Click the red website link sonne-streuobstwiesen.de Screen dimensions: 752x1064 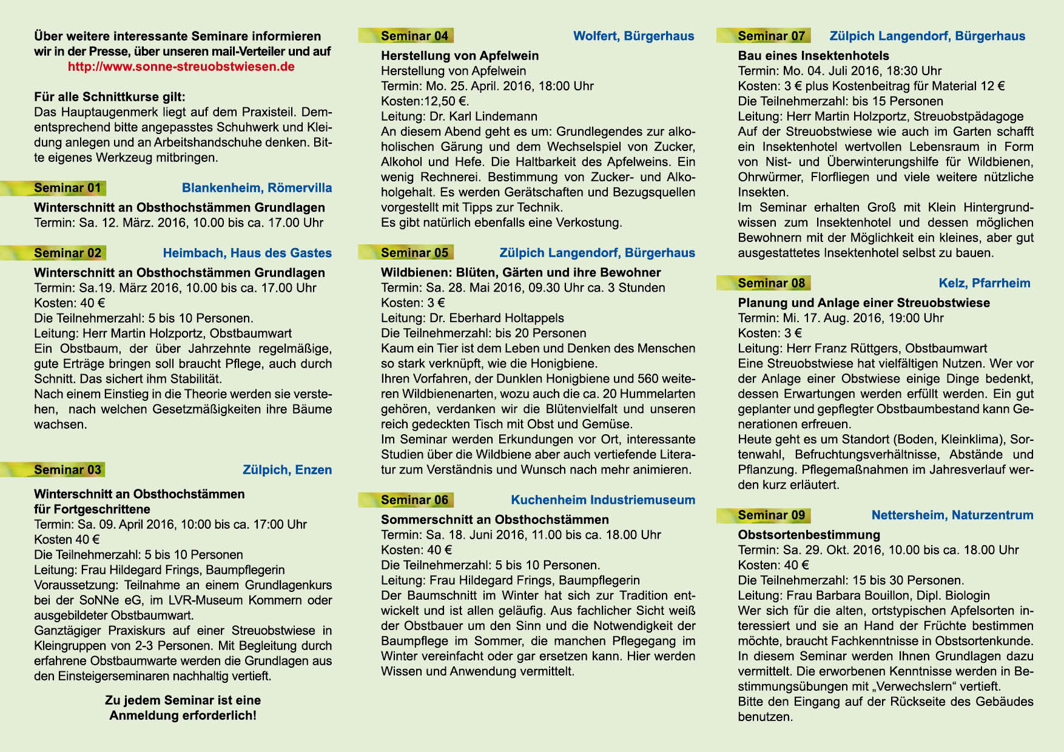click(181, 67)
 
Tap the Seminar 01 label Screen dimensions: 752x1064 click(67, 188)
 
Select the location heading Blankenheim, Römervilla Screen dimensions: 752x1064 click(257, 188)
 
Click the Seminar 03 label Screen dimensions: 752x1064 click(67, 470)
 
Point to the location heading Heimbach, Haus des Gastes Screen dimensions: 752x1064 click(247, 253)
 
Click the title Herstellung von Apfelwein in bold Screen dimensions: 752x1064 click(459, 56)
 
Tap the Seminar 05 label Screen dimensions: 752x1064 click(414, 253)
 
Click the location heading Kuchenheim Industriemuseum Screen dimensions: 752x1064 click(602, 500)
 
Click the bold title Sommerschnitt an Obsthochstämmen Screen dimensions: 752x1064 click(494, 520)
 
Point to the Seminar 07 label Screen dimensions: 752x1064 click(771, 36)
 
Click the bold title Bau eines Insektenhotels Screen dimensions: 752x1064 click(813, 56)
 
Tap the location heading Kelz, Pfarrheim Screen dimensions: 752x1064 click(984, 283)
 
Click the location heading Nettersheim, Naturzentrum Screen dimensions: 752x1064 click(952, 515)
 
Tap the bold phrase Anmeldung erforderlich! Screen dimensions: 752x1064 click(183, 716)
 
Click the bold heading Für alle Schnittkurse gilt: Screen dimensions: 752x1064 click(110, 97)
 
